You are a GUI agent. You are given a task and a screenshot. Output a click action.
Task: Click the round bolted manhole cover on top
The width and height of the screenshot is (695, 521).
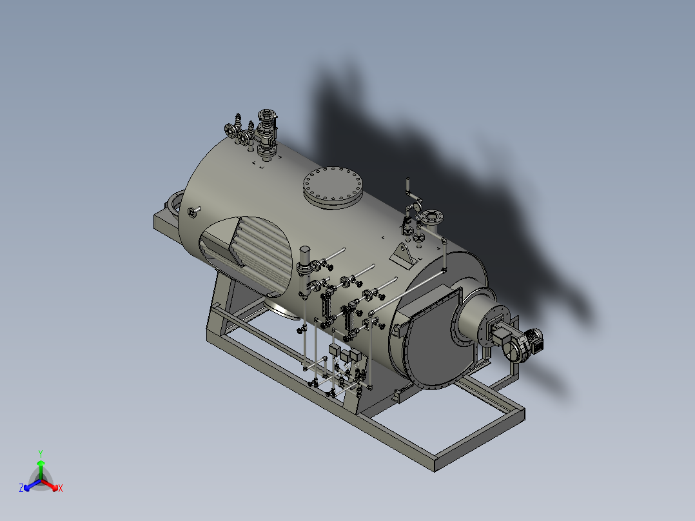coord(334,186)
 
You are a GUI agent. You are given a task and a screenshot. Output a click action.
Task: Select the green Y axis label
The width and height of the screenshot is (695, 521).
coord(41,453)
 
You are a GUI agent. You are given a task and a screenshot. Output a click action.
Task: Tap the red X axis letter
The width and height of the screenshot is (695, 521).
coord(61,489)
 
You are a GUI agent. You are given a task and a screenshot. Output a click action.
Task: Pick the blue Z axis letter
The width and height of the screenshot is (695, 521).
coord(21,489)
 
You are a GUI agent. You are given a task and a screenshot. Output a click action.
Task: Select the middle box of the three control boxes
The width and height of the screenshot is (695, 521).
coord(345,356)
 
